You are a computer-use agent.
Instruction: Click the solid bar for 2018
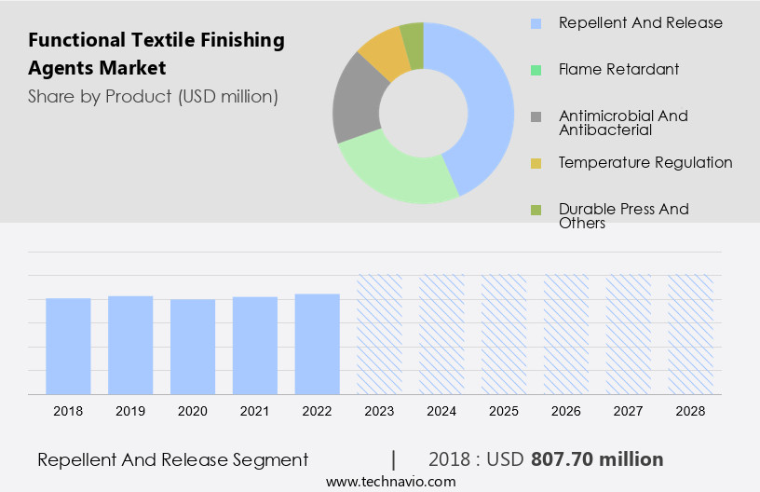tap(68, 346)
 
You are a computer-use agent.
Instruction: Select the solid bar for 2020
tap(193, 347)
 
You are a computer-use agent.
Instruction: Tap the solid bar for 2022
tap(318, 344)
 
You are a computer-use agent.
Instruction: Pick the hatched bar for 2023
tap(380, 335)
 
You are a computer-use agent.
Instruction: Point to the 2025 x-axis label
tap(505, 410)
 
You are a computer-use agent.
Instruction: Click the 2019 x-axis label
tap(130, 410)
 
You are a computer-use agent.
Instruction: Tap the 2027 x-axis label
tap(630, 410)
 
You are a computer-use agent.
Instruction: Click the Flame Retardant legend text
tap(618, 69)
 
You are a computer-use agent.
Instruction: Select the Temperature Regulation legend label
tap(645, 162)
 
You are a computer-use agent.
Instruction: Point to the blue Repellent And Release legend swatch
tap(536, 23)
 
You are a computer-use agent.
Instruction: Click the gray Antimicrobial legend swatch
tap(536, 116)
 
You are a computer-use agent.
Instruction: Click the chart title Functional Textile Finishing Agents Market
tap(156, 54)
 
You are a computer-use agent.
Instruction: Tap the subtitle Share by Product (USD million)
tap(153, 96)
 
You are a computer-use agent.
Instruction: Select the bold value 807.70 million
tap(597, 459)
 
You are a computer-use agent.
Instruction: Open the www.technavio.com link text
tap(390, 482)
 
